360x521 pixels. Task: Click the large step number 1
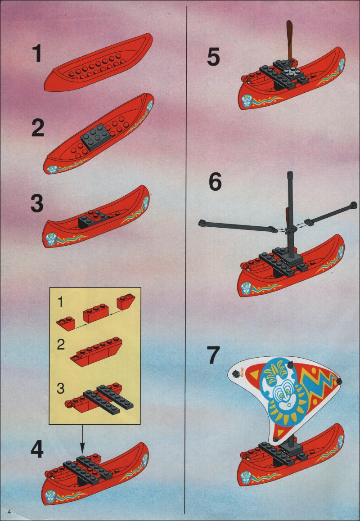pos(37,54)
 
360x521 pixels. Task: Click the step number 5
pos(213,57)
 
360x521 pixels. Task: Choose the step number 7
pos(214,355)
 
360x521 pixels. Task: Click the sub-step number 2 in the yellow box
pos(60,345)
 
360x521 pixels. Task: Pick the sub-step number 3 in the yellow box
pos(60,388)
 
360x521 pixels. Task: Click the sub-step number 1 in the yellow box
pos(60,302)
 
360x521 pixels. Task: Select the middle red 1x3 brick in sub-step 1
pos(96,314)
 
